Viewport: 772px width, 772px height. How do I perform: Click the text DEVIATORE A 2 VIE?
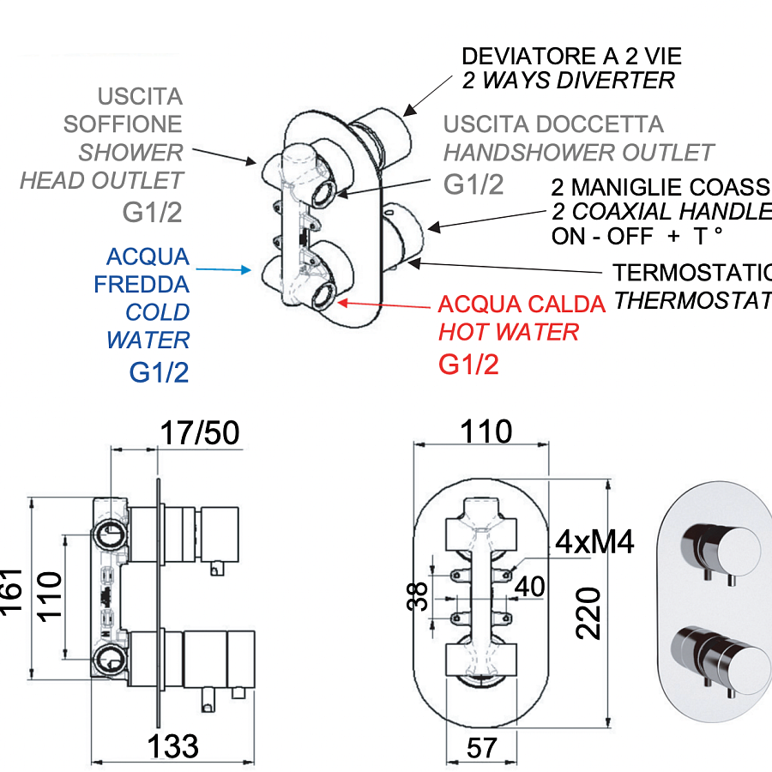point(571,57)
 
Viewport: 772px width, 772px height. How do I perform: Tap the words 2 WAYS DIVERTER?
point(568,81)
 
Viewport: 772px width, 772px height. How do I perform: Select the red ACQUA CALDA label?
point(522,305)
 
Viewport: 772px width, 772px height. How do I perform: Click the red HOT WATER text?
point(509,332)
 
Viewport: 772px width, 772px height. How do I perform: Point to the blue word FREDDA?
point(142,284)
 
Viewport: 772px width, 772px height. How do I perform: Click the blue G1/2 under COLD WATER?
point(159,372)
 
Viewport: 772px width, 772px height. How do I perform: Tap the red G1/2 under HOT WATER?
point(468,365)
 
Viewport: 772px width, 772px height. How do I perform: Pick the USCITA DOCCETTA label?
point(553,124)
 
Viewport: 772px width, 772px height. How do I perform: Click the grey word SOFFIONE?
point(123,124)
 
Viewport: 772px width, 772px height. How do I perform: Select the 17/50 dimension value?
point(200,434)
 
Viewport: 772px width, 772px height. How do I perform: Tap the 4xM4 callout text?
point(594,542)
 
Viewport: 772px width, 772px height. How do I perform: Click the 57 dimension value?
point(482,747)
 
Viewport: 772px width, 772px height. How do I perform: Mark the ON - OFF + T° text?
point(637,237)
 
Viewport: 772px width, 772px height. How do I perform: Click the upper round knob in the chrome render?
point(730,546)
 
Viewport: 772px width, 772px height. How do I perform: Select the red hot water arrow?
point(386,305)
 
